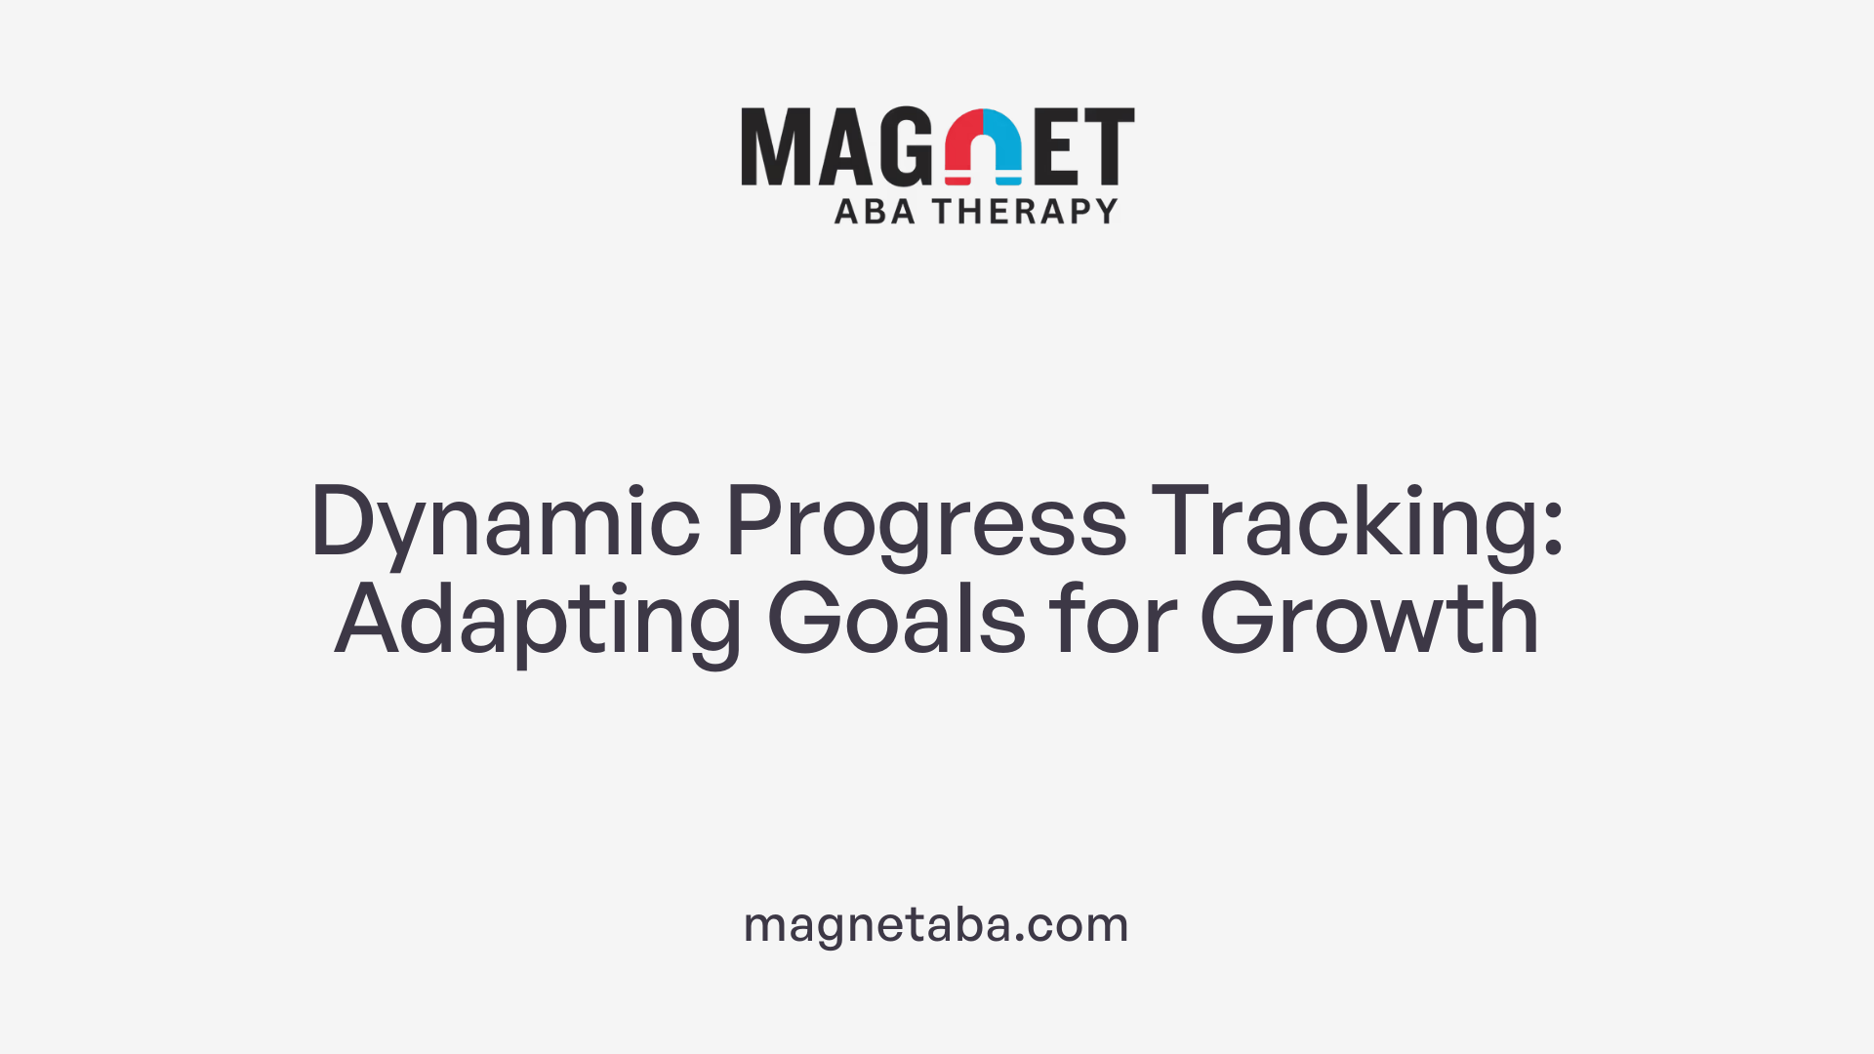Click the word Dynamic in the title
[x=505, y=522]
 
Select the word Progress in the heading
[x=925, y=522]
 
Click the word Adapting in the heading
[x=538, y=620]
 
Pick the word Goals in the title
[x=896, y=620]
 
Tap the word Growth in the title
[x=1369, y=620]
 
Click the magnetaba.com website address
[x=936, y=924]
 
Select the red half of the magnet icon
[x=961, y=146]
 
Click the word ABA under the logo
[x=875, y=211]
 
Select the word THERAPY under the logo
[x=1025, y=211]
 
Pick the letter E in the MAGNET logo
[x=1057, y=146]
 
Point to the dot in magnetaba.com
[x=1020, y=939]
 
